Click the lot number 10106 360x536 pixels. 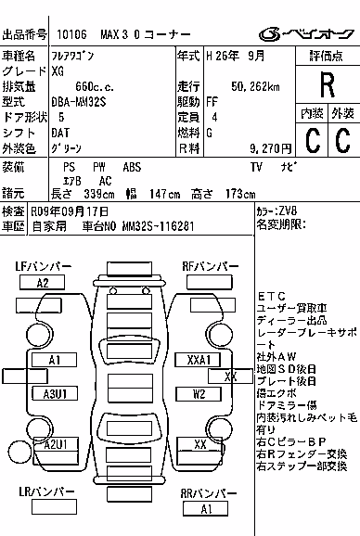pyautogui.click(x=71, y=34)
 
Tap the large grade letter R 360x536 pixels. pyautogui.click(x=328, y=85)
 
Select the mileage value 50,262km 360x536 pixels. pyautogui.click(x=255, y=86)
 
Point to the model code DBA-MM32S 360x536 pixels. pyautogui.click(x=79, y=102)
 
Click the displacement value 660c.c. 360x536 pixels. pyautogui.click(x=95, y=87)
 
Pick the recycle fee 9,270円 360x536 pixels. pyautogui.click(x=270, y=148)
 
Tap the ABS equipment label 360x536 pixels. pyautogui.click(x=132, y=167)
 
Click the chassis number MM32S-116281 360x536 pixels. pyautogui.click(x=158, y=226)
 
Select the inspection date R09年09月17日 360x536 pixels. pyautogui.click(x=70, y=211)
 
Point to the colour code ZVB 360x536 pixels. pyautogui.click(x=288, y=211)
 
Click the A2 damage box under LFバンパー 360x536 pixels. pyautogui.click(x=42, y=283)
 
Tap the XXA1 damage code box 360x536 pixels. pyautogui.click(x=198, y=360)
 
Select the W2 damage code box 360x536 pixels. pyautogui.click(x=199, y=394)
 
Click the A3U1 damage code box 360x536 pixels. pyautogui.click(x=55, y=394)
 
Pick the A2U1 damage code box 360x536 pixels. pyautogui.click(x=56, y=445)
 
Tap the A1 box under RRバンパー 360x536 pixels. pyautogui.click(x=205, y=509)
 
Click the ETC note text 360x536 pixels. pyautogui.click(x=272, y=296)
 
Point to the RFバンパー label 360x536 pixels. pyautogui.click(x=211, y=267)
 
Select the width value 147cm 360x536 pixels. pyautogui.click(x=165, y=194)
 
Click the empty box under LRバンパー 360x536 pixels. pyautogui.click(x=55, y=506)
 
